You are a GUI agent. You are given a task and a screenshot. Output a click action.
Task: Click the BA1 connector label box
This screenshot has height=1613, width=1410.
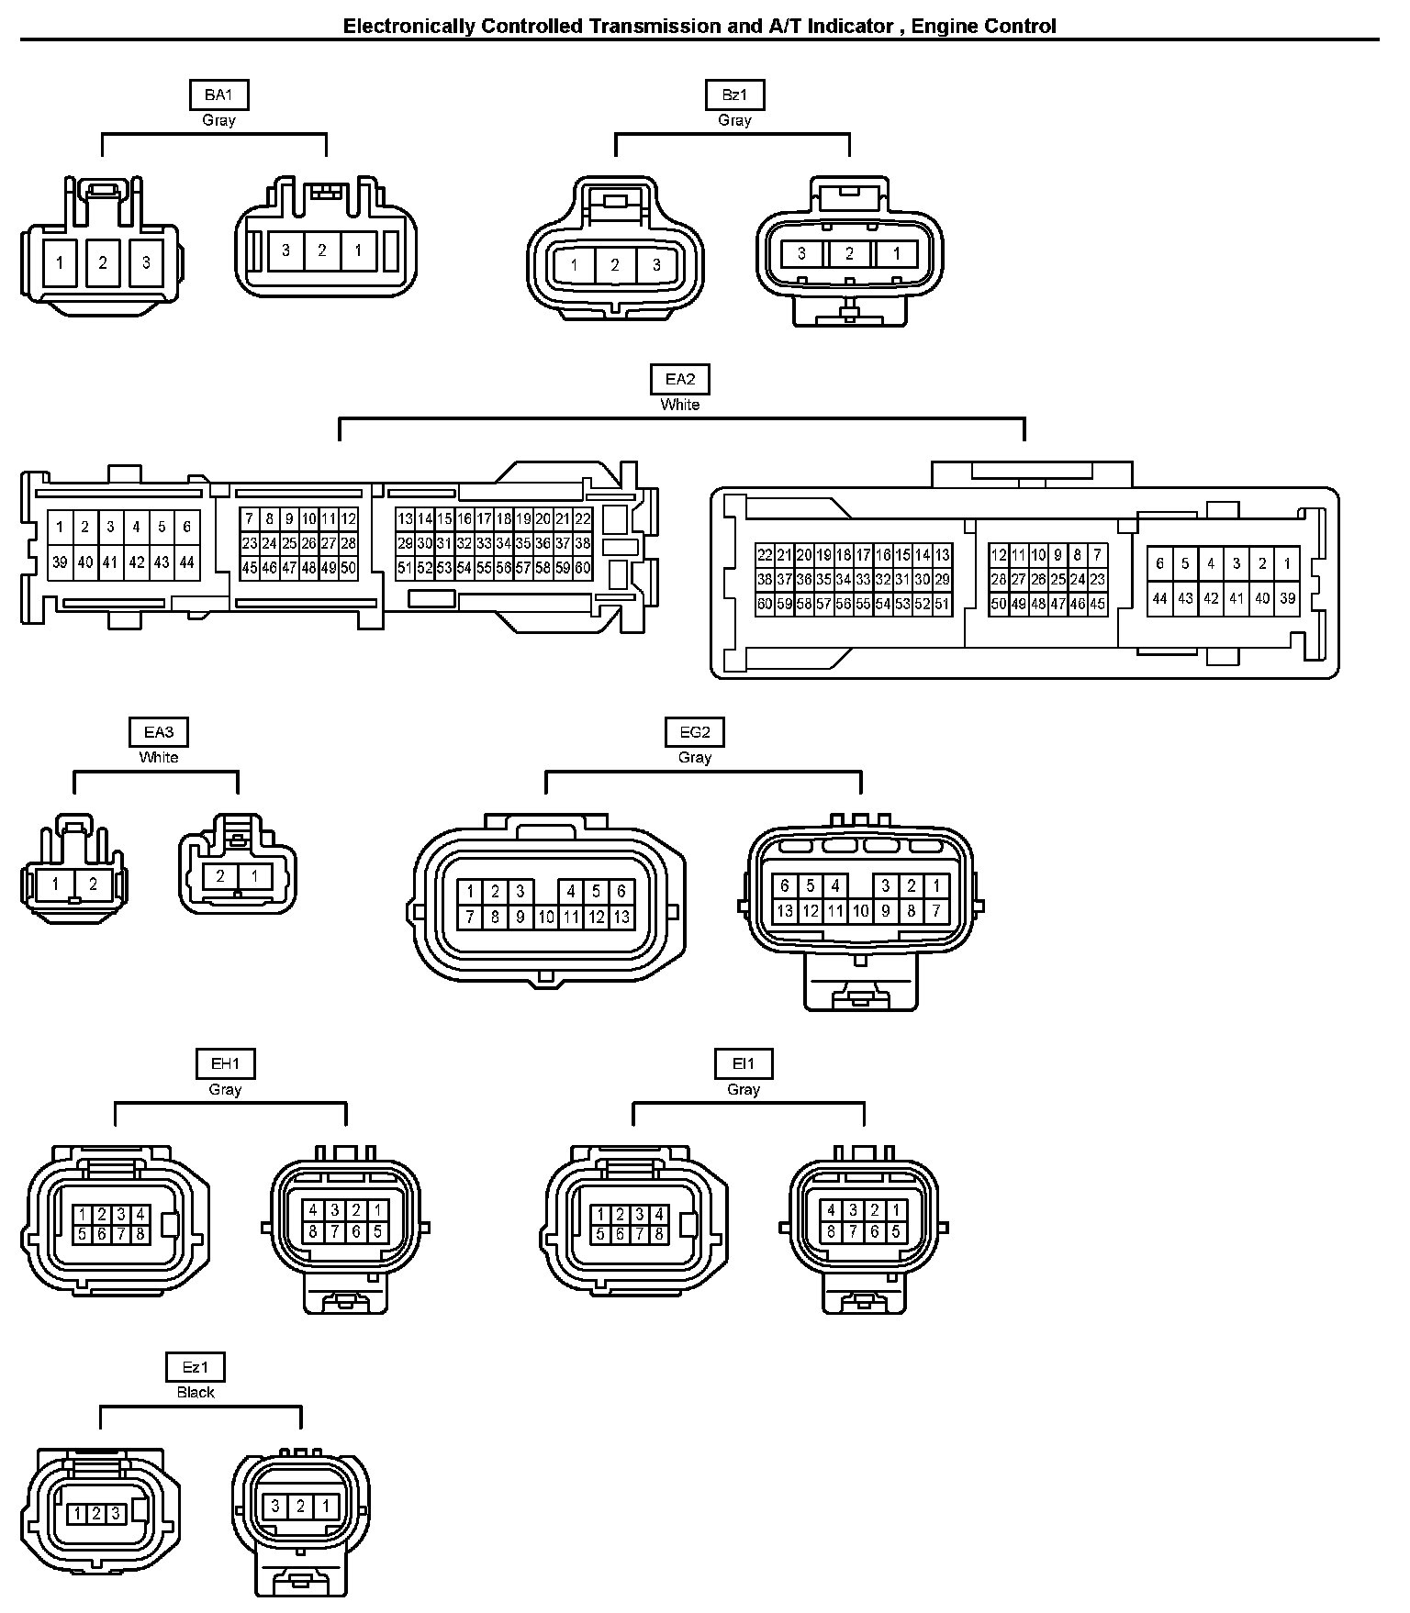pos(218,95)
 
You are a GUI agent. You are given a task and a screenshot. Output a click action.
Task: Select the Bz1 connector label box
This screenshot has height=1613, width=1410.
pos(734,95)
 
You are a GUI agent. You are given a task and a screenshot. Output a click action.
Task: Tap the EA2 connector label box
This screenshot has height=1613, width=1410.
pos(680,379)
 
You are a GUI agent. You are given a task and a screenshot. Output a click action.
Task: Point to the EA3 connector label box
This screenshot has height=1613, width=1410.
pos(158,732)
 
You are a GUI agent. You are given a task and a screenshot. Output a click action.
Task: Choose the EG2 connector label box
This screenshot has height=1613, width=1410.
pos(695,732)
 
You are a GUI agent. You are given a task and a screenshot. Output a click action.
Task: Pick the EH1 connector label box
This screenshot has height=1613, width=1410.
pos(225,1064)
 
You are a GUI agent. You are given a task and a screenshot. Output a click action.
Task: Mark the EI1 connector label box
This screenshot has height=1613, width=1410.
pos(744,1064)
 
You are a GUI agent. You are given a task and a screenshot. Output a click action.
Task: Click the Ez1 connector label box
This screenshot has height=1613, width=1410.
pos(196,1367)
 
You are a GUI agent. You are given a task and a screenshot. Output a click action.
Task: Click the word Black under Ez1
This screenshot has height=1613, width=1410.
pos(196,1392)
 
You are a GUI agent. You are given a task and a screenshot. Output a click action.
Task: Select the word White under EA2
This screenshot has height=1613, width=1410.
pos(680,405)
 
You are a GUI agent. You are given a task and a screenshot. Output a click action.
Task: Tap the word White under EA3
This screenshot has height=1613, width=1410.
pos(159,758)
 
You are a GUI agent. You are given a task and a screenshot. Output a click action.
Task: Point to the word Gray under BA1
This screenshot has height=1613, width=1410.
pos(218,120)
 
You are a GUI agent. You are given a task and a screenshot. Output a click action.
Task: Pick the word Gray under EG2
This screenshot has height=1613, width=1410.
pos(695,758)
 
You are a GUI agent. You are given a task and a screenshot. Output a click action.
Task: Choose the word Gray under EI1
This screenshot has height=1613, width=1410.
pos(744,1090)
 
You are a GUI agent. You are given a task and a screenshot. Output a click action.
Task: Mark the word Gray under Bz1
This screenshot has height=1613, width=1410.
pos(734,120)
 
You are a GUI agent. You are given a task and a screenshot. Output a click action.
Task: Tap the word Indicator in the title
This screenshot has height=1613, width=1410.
pos(850,27)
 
